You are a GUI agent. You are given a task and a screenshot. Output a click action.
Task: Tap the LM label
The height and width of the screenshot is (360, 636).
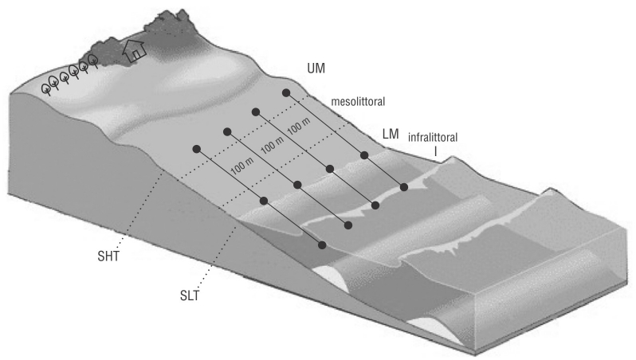pyautogui.click(x=391, y=135)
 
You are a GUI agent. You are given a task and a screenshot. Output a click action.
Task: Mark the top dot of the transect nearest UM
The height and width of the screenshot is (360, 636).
pyautogui.click(x=286, y=93)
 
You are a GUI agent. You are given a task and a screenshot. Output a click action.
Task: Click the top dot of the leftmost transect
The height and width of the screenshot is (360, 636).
pyautogui.click(x=196, y=149)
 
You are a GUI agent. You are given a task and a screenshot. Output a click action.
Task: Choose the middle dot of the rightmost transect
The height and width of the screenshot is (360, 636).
pyautogui.click(x=363, y=155)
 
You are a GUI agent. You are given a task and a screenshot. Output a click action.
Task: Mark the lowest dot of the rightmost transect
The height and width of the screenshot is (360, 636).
pyautogui.click(x=405, y=187)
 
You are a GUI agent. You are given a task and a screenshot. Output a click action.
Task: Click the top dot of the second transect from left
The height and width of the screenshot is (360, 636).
pyautogui.click(x=227, y=131)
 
